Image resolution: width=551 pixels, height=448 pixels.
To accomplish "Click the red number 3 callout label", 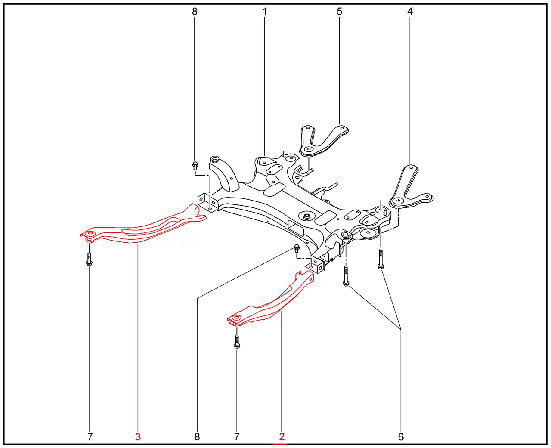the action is (138, 437).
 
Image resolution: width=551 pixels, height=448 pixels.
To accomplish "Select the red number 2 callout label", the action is (282, 437).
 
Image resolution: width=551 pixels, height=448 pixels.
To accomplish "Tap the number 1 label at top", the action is (265, 11).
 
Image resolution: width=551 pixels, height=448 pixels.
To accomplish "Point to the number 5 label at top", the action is (339, 11).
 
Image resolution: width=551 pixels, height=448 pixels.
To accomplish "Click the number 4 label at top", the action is (410, 11).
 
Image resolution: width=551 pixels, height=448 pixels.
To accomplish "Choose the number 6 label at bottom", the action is (401, 437).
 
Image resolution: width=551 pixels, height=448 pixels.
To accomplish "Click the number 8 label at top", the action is (195, 11).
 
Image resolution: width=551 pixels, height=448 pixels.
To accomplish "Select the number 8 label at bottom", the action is (197, 437).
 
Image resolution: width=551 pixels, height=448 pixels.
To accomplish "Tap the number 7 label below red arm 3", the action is (90, 437).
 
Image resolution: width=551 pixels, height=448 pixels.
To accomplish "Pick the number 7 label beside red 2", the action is (237, 437).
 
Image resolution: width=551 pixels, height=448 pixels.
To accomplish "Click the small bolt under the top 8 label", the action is (195, 165).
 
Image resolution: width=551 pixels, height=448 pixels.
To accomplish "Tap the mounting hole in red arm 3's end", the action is (90, 233).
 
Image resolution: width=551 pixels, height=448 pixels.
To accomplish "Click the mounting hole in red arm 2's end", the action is (236, 317).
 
